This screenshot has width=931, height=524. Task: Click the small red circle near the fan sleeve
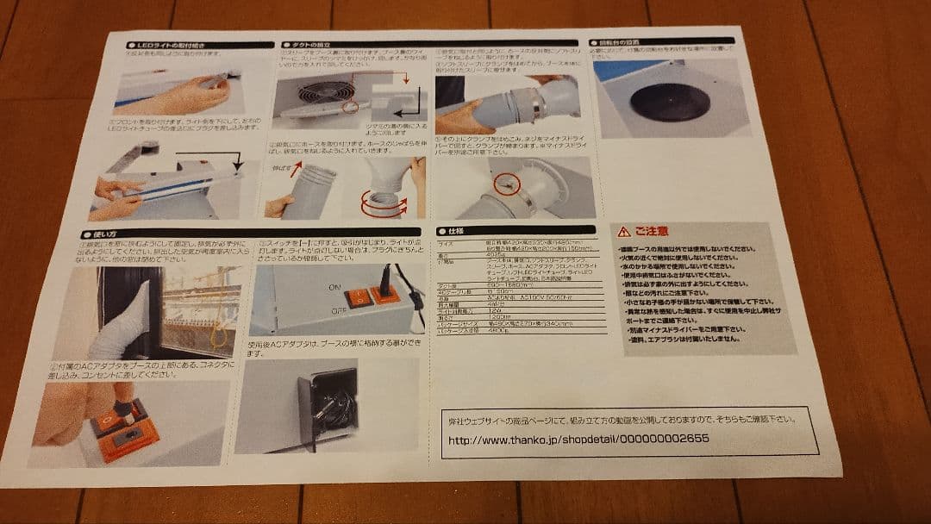(348, 107)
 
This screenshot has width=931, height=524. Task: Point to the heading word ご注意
(651, 231)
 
